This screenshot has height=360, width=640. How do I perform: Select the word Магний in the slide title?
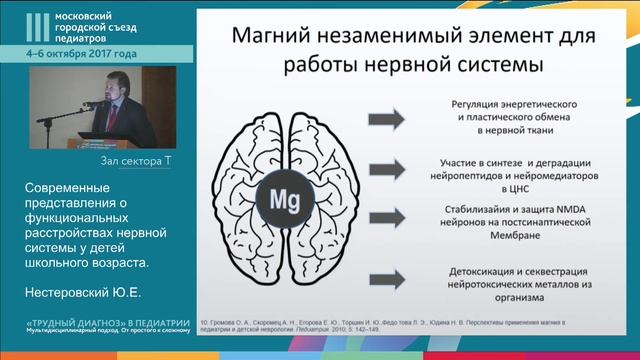click(271, 38)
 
